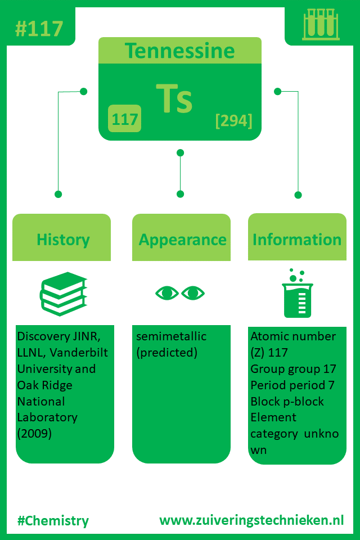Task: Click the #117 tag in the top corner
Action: (39, 28)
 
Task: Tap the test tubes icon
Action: (321, 25)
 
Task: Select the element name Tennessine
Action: (179, 51)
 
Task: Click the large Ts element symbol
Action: (174, 99)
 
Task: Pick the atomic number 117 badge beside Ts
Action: (124, 119)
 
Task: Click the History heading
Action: (63, 240)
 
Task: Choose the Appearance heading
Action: (182, 240)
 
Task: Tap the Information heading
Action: (297, 240)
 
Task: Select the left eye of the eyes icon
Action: (166, 293)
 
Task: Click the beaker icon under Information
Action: (296, 294)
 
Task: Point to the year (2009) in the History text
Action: (34, 434)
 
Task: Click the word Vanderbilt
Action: (79, 353)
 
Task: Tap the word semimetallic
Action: (171, 336)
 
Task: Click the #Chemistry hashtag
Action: (53, 520)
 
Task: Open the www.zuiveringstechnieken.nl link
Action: (251, 520)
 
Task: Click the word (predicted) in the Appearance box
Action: (166, 353)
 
